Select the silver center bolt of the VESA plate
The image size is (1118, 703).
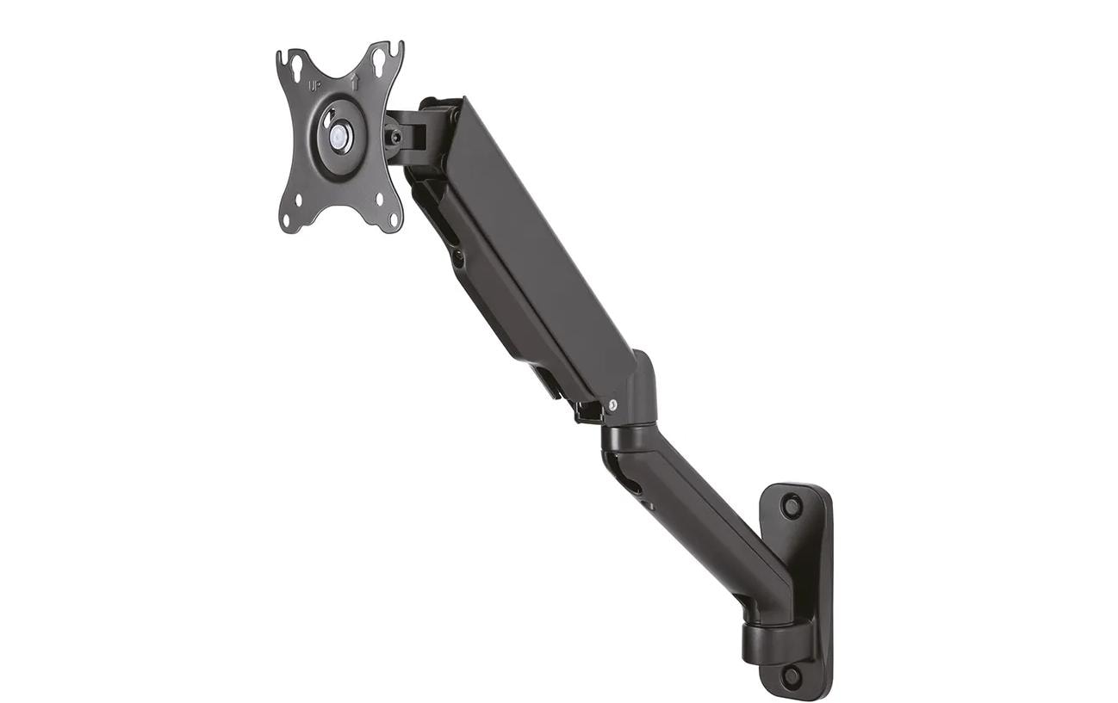[339, 138]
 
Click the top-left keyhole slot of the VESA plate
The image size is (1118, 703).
[295, 67]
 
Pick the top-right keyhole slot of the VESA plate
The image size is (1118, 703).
[378, 59]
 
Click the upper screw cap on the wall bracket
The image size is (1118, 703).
[791, 505]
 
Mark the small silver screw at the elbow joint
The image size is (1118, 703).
[612, 404]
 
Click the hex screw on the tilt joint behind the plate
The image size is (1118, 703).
[394, 136]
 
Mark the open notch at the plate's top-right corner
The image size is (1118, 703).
[396, 47]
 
